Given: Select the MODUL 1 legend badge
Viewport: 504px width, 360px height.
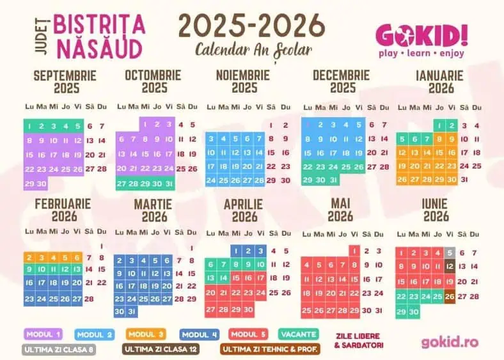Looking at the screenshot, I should pos(43,334).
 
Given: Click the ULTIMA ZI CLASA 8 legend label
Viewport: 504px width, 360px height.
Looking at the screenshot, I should pos(59,350).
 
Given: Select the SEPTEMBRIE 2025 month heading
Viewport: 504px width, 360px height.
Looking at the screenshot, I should pos(65,81).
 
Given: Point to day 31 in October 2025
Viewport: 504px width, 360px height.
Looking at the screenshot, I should pos(169,184).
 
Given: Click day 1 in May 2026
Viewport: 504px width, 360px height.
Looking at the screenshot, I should pos(354,251).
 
